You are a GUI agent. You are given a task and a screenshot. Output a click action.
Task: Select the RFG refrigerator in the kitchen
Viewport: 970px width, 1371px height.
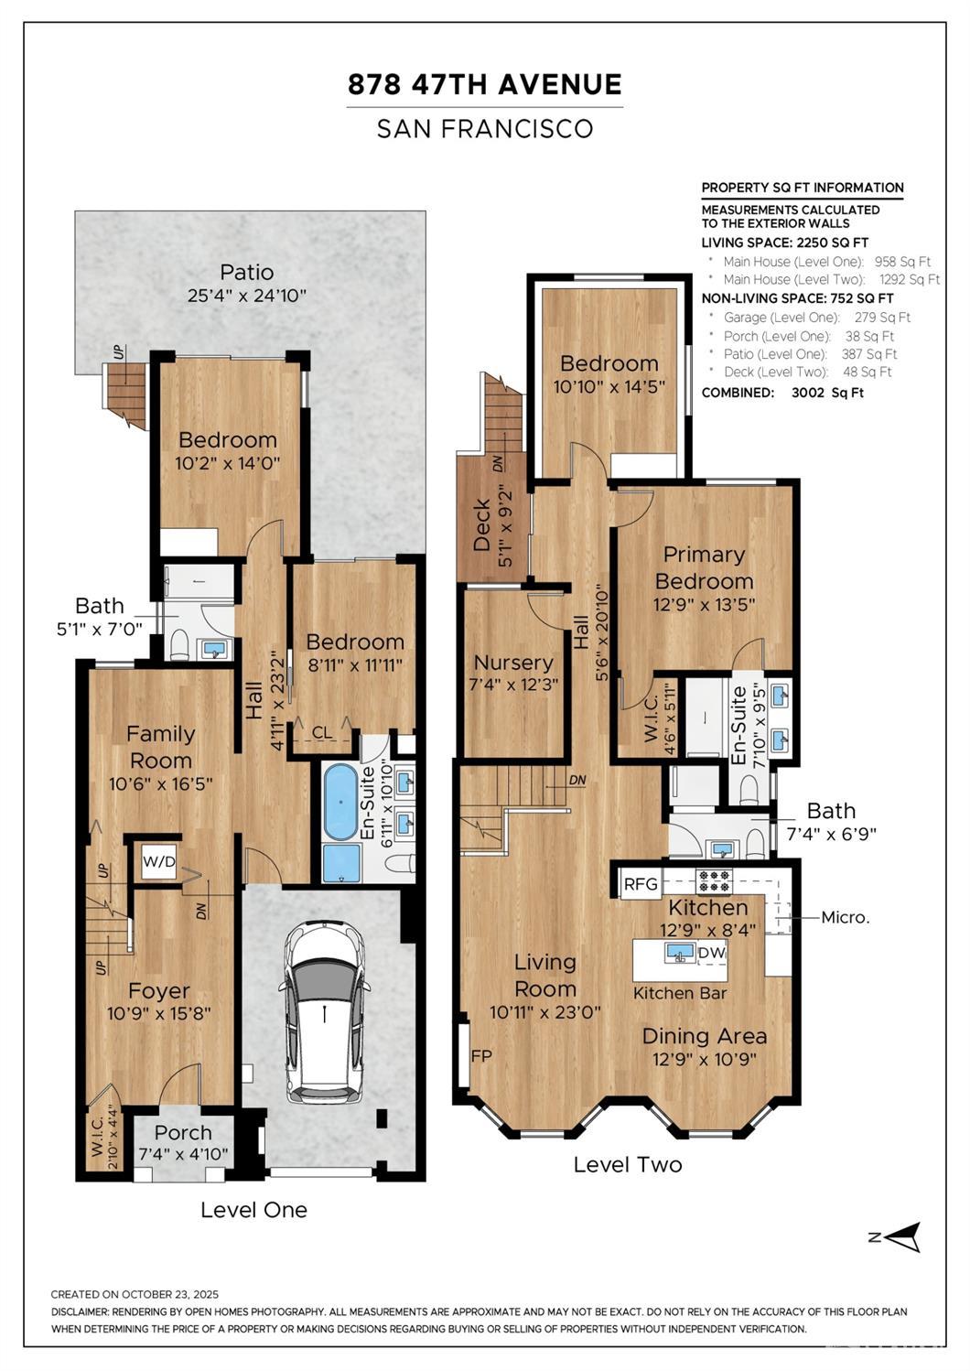641,884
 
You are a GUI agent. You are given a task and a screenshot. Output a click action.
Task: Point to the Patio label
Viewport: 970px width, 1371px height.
247,272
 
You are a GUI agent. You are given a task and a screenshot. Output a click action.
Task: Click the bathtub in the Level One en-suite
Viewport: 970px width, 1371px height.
340,803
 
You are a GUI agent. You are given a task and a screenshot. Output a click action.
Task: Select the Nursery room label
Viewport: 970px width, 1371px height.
513,663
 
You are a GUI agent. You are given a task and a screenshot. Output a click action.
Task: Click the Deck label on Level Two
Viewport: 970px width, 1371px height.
482,524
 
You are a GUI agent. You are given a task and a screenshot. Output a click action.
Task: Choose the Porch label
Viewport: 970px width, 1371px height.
183,1133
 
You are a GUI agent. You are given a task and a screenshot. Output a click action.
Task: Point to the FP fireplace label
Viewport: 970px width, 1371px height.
481,1056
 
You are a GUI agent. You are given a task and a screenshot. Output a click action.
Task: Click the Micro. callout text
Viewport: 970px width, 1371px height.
846,917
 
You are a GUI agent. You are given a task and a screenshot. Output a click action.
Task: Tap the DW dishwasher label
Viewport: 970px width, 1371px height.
711,953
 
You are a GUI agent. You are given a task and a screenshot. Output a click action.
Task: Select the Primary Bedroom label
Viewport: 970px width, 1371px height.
704,567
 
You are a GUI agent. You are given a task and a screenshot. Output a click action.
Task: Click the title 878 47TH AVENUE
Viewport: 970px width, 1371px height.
485,84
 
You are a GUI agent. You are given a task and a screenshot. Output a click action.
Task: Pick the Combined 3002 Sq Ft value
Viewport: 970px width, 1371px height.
827,393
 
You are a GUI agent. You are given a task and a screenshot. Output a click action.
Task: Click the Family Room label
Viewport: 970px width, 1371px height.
160,747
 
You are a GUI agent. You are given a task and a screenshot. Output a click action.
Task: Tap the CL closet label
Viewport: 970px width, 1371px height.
322,732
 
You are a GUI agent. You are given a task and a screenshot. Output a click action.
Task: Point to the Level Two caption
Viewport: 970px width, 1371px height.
628,1165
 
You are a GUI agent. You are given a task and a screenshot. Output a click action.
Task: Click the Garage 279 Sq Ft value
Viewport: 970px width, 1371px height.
882,318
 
